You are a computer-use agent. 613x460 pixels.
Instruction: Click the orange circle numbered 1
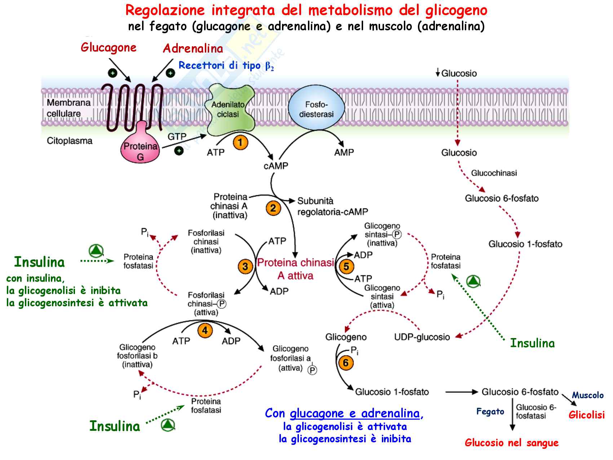[240, 143]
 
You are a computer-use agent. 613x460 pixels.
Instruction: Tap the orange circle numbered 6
[346, 363]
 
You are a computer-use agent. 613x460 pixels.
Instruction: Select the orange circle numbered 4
[205, 330]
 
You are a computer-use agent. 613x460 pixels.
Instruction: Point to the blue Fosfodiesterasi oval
[316, 109]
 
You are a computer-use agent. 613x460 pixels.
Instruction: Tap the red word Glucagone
[109, 48]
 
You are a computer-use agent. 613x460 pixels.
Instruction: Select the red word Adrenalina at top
[193, 49]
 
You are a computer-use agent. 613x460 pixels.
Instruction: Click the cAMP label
[276, 166]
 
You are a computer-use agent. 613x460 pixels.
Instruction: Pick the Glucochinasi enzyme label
[494, 173]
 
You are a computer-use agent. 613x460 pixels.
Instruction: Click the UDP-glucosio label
[422, 337]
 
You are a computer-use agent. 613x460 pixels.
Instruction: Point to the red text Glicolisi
[586, 415]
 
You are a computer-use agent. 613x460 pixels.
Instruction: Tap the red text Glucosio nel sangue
[511, 443]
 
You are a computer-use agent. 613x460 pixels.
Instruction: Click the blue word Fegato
[490, 412]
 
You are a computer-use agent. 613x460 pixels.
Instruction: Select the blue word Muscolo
[587, 395]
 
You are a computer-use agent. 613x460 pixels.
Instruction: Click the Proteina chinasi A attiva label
[296, 269]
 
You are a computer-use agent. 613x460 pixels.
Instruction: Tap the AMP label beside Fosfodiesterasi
[344, 153]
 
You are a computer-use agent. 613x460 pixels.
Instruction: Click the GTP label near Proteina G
[177, 137]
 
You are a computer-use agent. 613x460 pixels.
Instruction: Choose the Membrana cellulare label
[69, 108]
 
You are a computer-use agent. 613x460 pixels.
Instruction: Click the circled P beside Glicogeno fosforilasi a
[312, 370]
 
